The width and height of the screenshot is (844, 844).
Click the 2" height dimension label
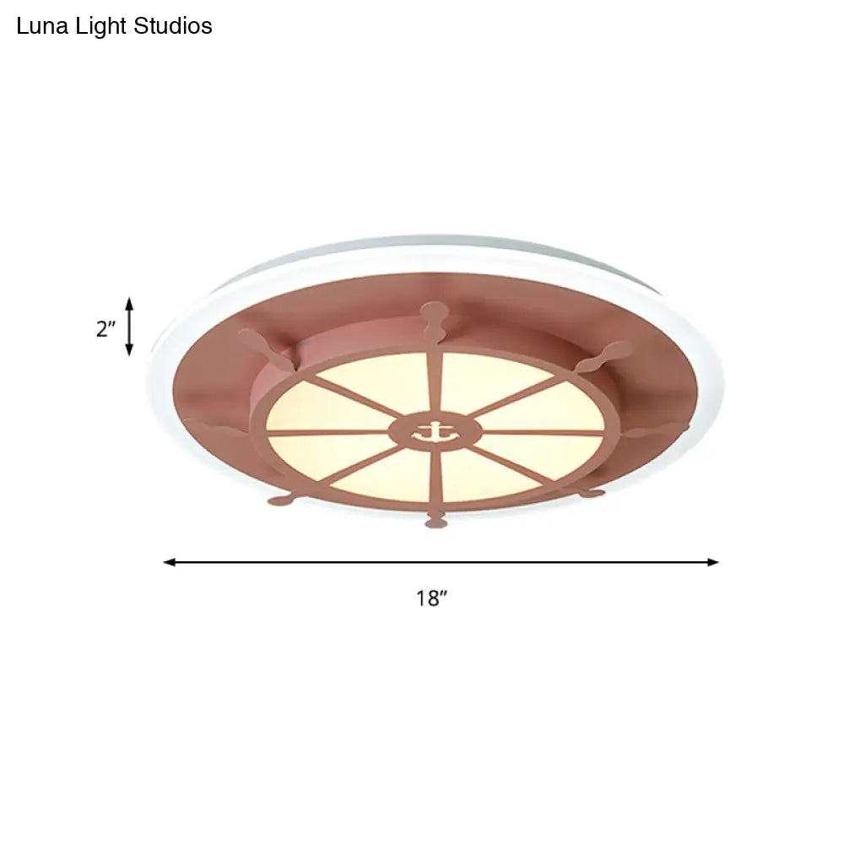(x=105, y=328)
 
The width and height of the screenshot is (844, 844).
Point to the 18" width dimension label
(x=430, y=599)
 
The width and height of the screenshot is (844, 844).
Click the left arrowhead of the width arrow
(x=170, y=561)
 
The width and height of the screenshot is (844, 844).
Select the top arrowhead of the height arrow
(x=129, y=303)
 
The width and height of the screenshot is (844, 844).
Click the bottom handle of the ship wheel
(x=436, y=520)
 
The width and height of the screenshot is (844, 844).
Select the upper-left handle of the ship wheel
(x=263, y=344)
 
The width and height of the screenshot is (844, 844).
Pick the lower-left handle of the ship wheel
(x=282, y=500)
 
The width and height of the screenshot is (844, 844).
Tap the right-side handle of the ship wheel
(x=654, y=430)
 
